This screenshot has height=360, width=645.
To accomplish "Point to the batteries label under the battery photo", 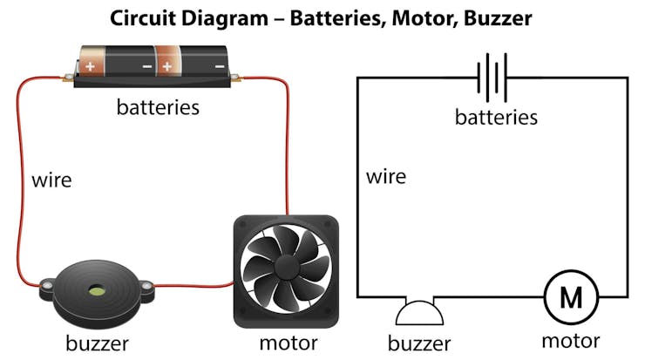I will (x=158, y=108).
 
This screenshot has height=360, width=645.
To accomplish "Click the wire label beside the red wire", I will (x=51, y=181).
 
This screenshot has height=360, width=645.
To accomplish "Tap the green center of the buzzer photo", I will (x=93, y=289).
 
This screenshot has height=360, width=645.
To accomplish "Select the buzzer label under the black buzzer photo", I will (x=97, y=343).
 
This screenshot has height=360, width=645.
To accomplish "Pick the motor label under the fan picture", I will (x=288, y=343).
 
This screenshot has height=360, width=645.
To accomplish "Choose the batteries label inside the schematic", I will (x=496, y=117).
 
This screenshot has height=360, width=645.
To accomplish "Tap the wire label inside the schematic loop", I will (x=386, y=177).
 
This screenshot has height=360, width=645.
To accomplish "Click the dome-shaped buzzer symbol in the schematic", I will (x=418, y=313).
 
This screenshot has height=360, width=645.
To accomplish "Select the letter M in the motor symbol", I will (x=571, y=298).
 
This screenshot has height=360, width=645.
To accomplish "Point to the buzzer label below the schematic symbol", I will (x=419, y=343).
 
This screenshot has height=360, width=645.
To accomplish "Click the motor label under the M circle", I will (x=571, y=340).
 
